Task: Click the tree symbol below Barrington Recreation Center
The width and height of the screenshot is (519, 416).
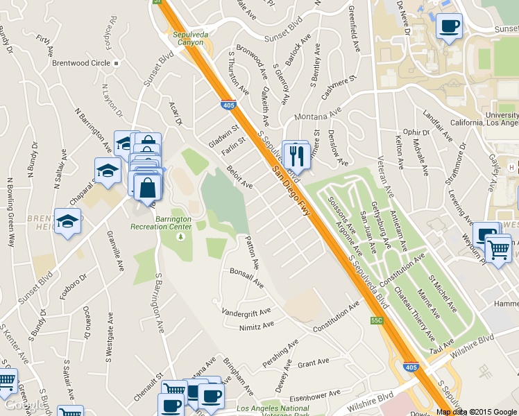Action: (x=180, y=237)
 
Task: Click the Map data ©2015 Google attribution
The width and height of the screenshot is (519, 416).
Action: (x=477, y=412)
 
